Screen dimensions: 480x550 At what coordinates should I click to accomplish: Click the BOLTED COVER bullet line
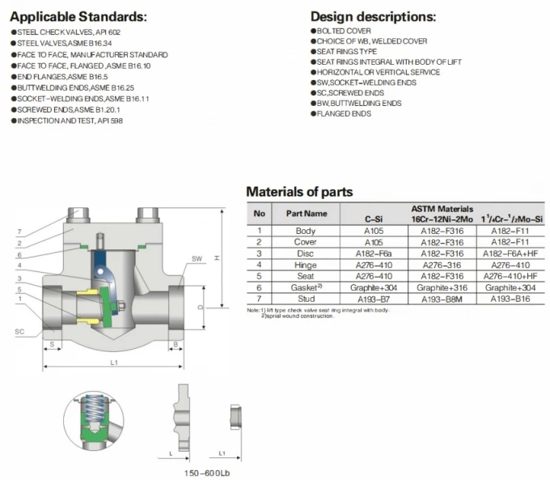pos(344,30)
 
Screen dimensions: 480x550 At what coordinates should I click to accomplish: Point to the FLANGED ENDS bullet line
pos(344,114)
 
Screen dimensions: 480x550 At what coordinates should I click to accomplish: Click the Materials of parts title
pos(298,192)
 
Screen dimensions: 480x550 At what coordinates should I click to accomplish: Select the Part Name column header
pos(305,214)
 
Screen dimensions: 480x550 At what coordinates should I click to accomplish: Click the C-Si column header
pos(373,219)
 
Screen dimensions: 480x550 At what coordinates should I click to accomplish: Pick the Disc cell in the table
pos(305,253)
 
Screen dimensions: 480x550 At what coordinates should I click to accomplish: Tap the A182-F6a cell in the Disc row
pos(373,253)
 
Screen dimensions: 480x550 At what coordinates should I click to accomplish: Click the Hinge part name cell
pos(305,264)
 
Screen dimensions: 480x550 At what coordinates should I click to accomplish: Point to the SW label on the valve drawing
pos(197,259)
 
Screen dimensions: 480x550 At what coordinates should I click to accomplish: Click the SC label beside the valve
pos(19,332)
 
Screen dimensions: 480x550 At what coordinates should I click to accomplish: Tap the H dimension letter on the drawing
pos(217,257)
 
